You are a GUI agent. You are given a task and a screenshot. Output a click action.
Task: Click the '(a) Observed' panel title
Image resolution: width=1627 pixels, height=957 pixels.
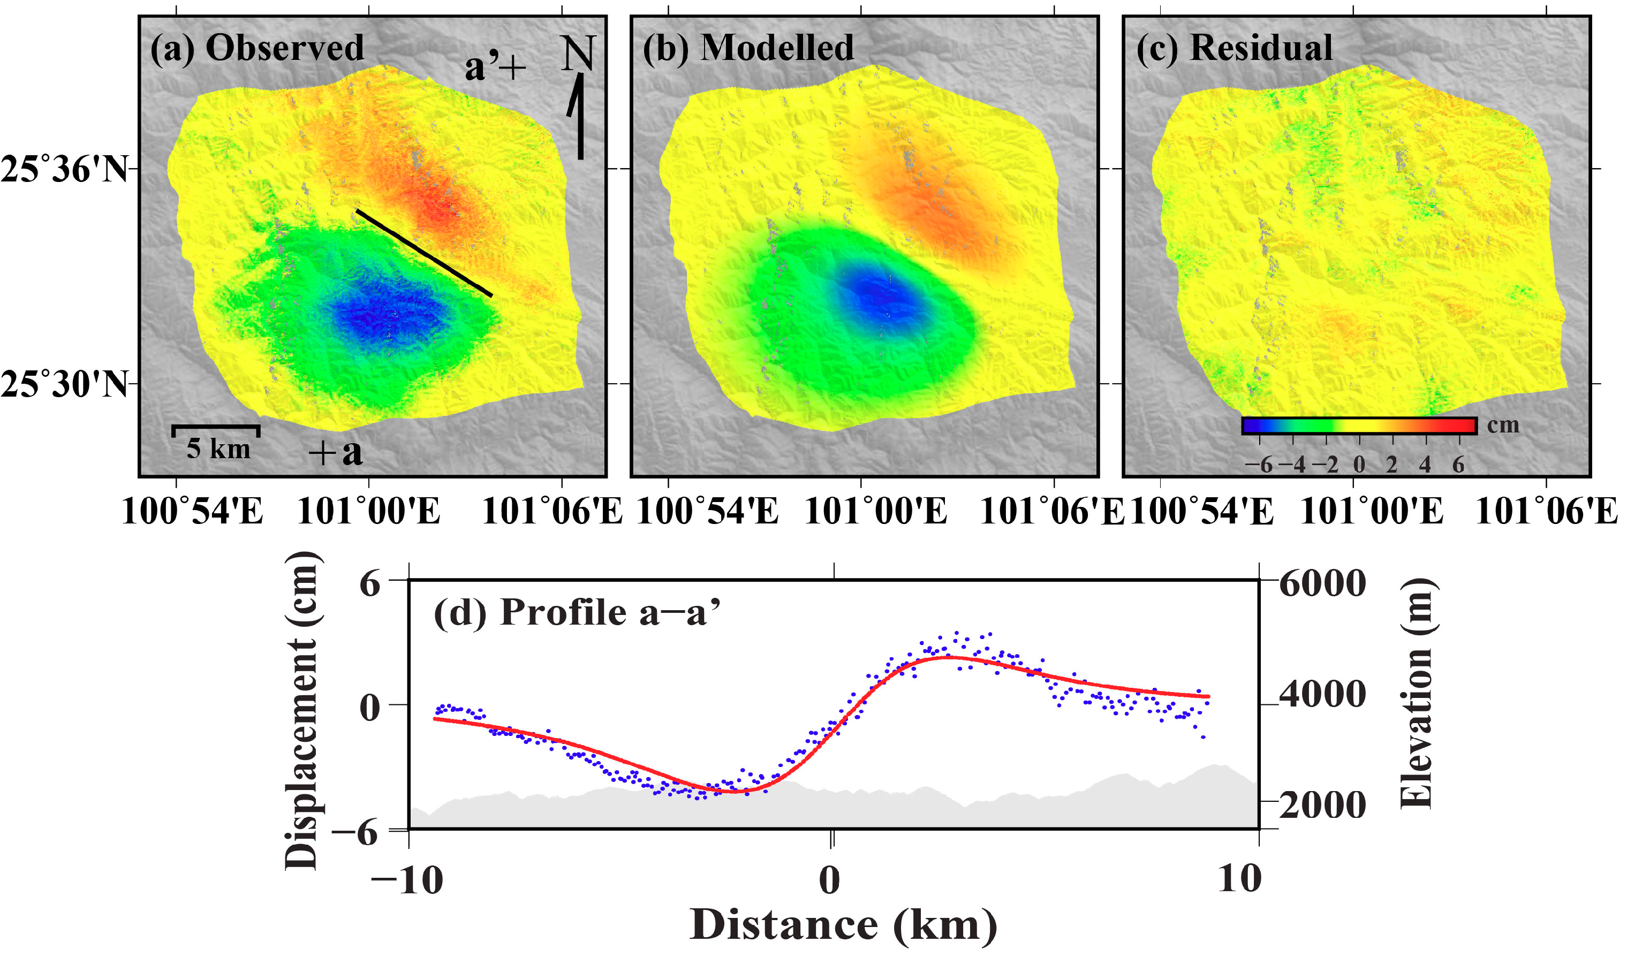pyautogui.click(x=257, y=48)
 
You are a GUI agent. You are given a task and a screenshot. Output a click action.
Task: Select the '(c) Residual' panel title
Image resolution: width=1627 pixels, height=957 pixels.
pyautogui.click(x=1234, y=48)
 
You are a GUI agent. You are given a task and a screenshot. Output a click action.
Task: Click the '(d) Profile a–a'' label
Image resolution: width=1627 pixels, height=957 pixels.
pyautogui.click(x=577, y=612)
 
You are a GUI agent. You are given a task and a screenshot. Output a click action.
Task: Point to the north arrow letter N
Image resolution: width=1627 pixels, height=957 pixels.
pyautogui.click(x=577, y=53)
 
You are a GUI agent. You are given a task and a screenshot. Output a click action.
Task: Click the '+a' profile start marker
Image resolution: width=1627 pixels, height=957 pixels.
pyautogui.click(x=335, y=452)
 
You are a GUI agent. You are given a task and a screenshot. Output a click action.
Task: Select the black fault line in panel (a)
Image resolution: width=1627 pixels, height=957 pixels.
pyautogui.click(x=424, y=253)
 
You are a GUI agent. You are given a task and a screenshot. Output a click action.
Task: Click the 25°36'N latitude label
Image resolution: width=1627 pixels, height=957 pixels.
pyautogui.click(x=65, y=170)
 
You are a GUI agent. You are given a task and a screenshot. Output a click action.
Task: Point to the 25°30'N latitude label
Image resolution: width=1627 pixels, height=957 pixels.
pyautogui.click(x=65, y=385)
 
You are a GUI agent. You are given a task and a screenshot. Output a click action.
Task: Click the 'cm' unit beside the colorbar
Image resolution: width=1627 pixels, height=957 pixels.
pyautogui.click(x=1503, y=426)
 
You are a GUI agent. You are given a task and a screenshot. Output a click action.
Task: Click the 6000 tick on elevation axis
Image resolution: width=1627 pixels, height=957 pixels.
pyautogui.click(x=1322, y=583)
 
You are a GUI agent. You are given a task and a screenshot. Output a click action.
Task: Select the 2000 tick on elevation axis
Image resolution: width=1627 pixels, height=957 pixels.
pyautogui.click(x=1322, y=804)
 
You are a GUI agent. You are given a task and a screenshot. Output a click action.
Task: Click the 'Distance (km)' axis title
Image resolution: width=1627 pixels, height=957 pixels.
pyautogui.click(x=843, y=925)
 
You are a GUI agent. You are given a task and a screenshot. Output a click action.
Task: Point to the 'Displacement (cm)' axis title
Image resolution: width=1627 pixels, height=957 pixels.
pyautogui.click(x=301, y=710)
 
